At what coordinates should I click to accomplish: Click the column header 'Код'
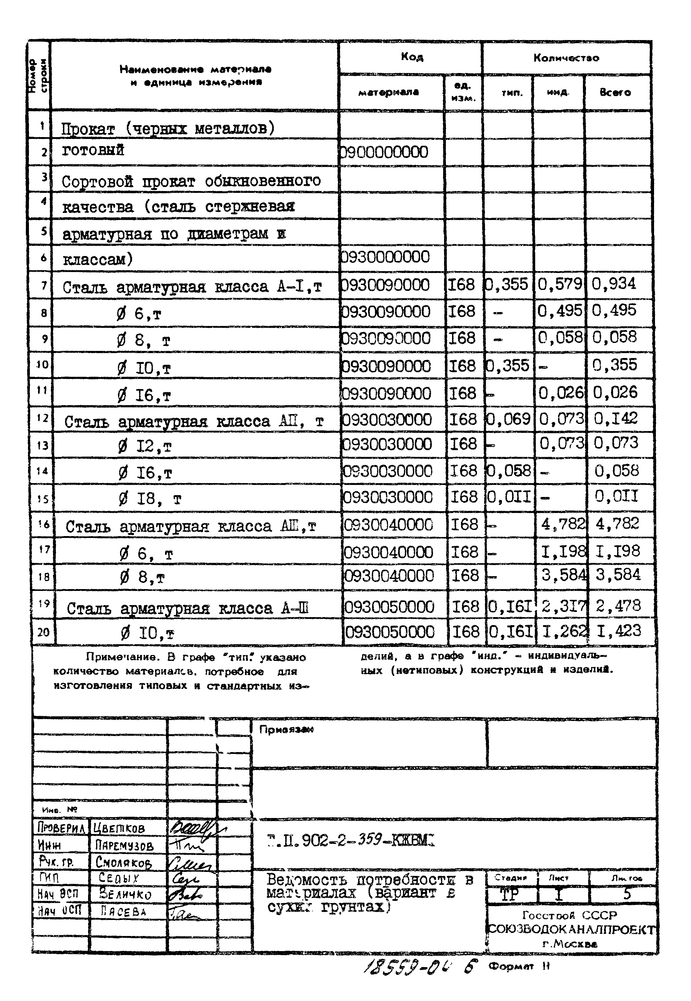412,57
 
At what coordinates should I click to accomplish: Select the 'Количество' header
566,58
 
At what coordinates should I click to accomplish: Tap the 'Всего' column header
615,92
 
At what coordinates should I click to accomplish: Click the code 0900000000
385,152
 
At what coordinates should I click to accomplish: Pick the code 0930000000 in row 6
385,257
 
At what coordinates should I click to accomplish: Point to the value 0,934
614,284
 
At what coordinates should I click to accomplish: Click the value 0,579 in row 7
560,284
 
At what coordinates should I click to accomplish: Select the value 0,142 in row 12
616,418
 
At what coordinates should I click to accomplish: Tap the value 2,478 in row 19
618,605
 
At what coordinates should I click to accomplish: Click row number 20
43,633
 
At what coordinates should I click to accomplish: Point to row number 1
42,126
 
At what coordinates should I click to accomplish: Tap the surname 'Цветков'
119,828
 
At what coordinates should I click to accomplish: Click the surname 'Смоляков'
124,862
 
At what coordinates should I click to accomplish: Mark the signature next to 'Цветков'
195,828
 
